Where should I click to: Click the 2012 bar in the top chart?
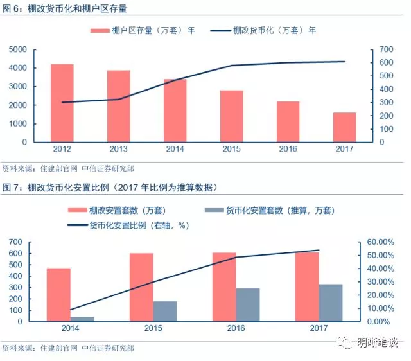click(x=62, y=103)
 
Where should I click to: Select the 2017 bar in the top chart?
click(x=345, y=127)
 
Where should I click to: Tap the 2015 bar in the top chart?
click(x=232, y=116)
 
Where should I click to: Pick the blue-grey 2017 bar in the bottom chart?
click(x=331, y=303)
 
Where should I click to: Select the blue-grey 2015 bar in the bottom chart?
click(x=165, y=311)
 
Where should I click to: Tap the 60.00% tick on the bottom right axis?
click(x=378, y=242)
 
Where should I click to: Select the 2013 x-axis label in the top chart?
click(x=119, y=150)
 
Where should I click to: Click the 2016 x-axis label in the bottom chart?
click(x=236, y=329)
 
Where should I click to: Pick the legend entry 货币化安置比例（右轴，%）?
click(x=128, y=225)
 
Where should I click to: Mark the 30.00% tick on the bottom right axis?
click(x=378, y=281)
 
